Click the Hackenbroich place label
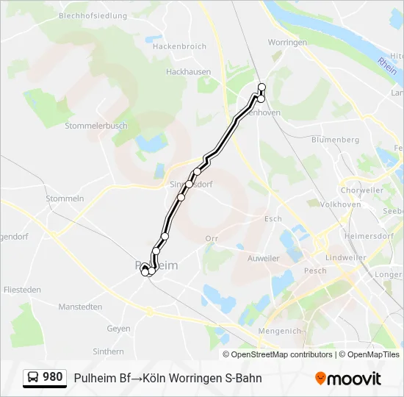(180, 46)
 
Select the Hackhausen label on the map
(188, 72)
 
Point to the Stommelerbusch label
(96, 126)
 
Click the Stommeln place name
(65, 198)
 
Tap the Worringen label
(287, 43)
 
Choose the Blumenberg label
(335, 140)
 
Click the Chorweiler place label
(362, 190)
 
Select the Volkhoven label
(339, 204)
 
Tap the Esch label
(273, 219)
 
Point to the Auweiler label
(264, 259)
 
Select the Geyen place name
(118, 329)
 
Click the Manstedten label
(80, 307)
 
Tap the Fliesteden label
(22, 290)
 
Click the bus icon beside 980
(33, 378)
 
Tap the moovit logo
(348, 379)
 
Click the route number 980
(53, 377)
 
